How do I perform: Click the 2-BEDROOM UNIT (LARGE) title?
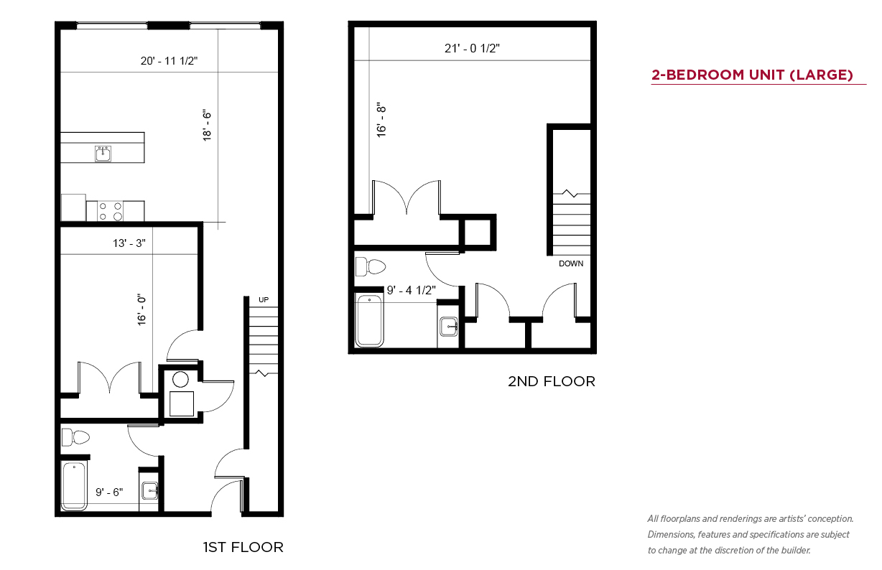tap(752, 75)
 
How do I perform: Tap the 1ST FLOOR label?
tap(243, 547)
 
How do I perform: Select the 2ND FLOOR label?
tap(552, 381)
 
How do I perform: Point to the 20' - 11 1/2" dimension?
tap(169, 60)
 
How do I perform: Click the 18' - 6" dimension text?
tap(207, 126)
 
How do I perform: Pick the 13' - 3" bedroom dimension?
tap(129, 243)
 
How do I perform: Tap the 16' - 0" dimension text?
tap(141, 309)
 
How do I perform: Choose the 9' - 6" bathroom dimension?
tap(109, 492)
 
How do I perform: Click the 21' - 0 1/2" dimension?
tap(472, 48)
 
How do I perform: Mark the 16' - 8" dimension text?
tap(381, 121)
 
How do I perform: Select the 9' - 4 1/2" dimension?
tap(411, 290)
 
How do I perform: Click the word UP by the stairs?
tap(264, 299)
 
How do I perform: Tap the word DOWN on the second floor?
tap(571, 263)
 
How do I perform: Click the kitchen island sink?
tap(103, 153)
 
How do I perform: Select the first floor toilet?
tap(75, 437)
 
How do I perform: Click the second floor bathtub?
tap(369, 320)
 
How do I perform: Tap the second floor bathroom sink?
tap(448, 327)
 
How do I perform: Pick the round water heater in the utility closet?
tap(180, 380)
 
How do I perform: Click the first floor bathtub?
tap(74, 486)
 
